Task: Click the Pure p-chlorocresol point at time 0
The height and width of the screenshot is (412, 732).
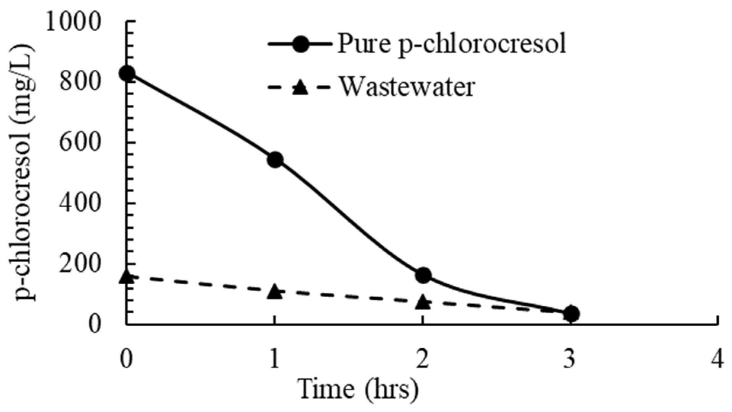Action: (x=127, y=73)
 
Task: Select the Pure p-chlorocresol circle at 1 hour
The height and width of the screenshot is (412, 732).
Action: (x=275, y=160)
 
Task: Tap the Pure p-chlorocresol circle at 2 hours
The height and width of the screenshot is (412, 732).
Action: (x=423, y=275)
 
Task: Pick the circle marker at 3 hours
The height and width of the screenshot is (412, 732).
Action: (x=571, y=314)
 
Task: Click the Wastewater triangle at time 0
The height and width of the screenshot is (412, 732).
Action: (x=127, y=277)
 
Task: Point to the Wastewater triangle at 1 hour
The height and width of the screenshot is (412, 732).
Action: (x=275, y=292)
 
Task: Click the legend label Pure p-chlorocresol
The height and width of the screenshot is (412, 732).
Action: (x=452, y=44)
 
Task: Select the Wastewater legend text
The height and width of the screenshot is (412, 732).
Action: (x=407, y=87)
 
